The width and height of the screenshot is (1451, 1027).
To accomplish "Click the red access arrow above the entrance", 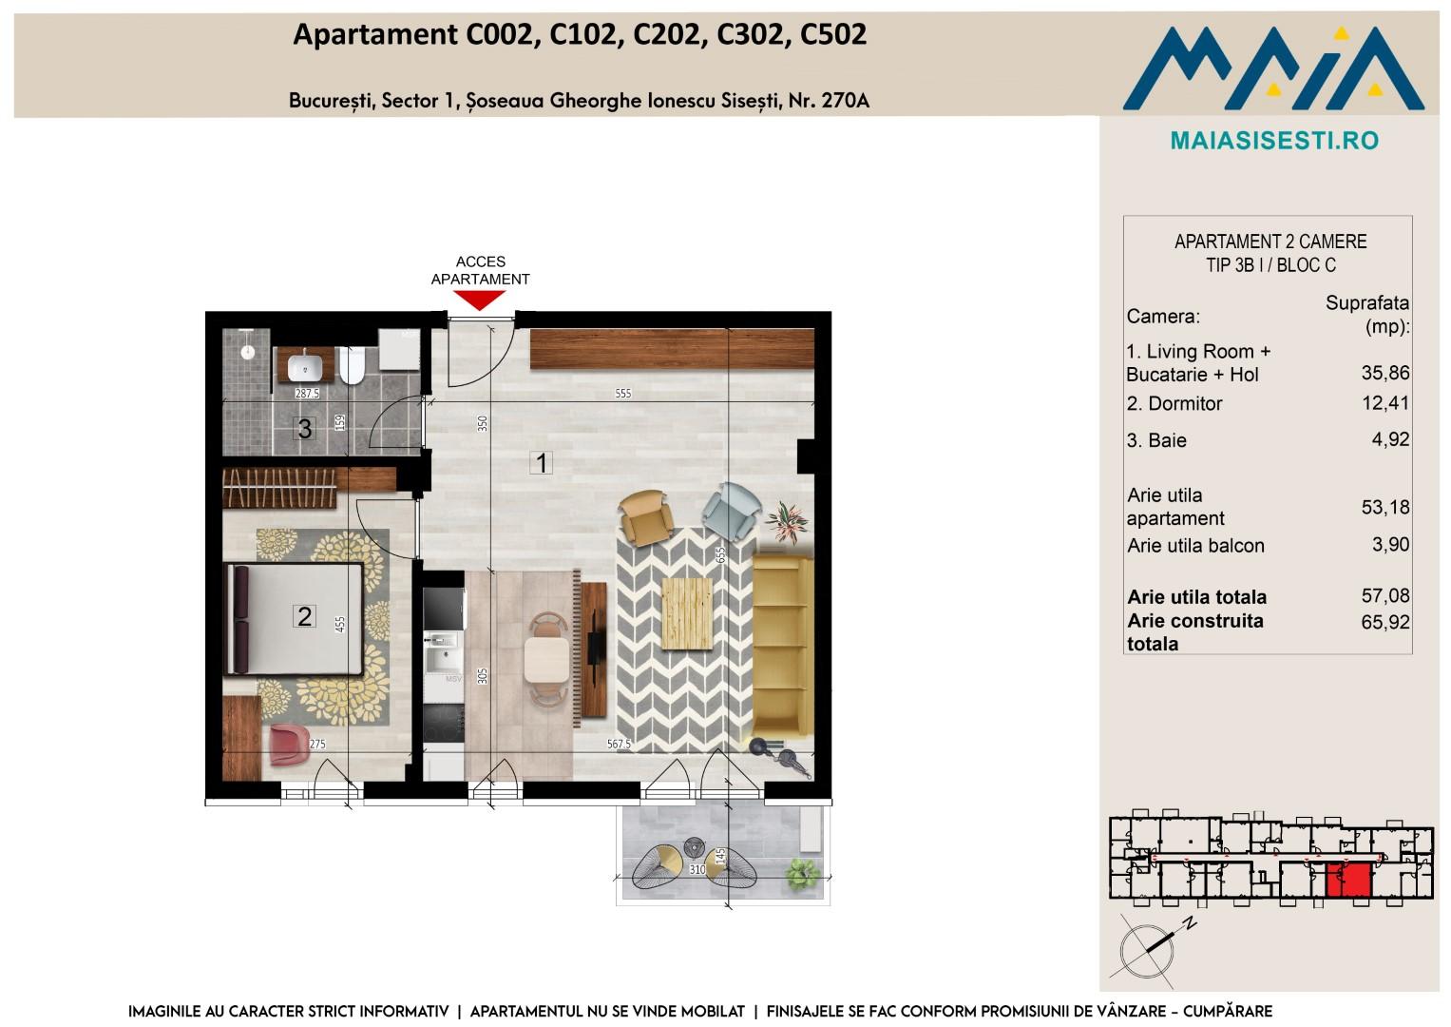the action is pyautogui.click(x=479, y=300).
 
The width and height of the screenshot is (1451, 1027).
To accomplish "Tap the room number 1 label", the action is pyautogui.click(x=541, y=463).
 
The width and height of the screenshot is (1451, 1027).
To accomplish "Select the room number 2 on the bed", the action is pyautogui.click(x=304, y=616).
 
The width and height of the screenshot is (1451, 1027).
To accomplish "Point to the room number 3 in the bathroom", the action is pyautogui.click(x=304, y=429).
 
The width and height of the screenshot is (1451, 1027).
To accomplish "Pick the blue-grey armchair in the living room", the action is pyautogui.click(x=732, y=511).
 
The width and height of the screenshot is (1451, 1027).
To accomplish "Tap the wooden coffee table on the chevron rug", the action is pyautogui.click(x=687, y=613).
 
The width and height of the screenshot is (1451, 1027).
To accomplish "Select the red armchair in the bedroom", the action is pyautogui.click(x=289, y=745).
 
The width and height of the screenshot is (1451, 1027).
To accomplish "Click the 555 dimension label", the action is pyautogui.click(x=622, y=394).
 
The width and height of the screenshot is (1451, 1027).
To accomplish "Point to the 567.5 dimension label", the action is pyautogui.click(x=619, y=745).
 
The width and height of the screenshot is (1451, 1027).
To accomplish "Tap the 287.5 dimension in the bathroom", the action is pyautogui.click(x=307, y=393).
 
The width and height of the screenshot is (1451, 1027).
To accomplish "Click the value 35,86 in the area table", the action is pyautogui.click(x=1384, y=373).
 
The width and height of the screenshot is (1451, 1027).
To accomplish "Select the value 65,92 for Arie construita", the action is pyautogui.click(x=1384, y=622).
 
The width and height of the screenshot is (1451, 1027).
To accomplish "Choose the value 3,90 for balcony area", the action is pyautogui.click(x=1390, y=544).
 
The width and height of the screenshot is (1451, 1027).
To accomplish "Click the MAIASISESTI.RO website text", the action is pyautogui.click(x=1274, y=141).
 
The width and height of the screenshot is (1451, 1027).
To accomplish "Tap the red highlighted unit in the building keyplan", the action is pyautogui.click(x=1348, y=880).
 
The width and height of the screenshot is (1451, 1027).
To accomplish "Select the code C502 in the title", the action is pyautogui.click(x=833, y=34).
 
